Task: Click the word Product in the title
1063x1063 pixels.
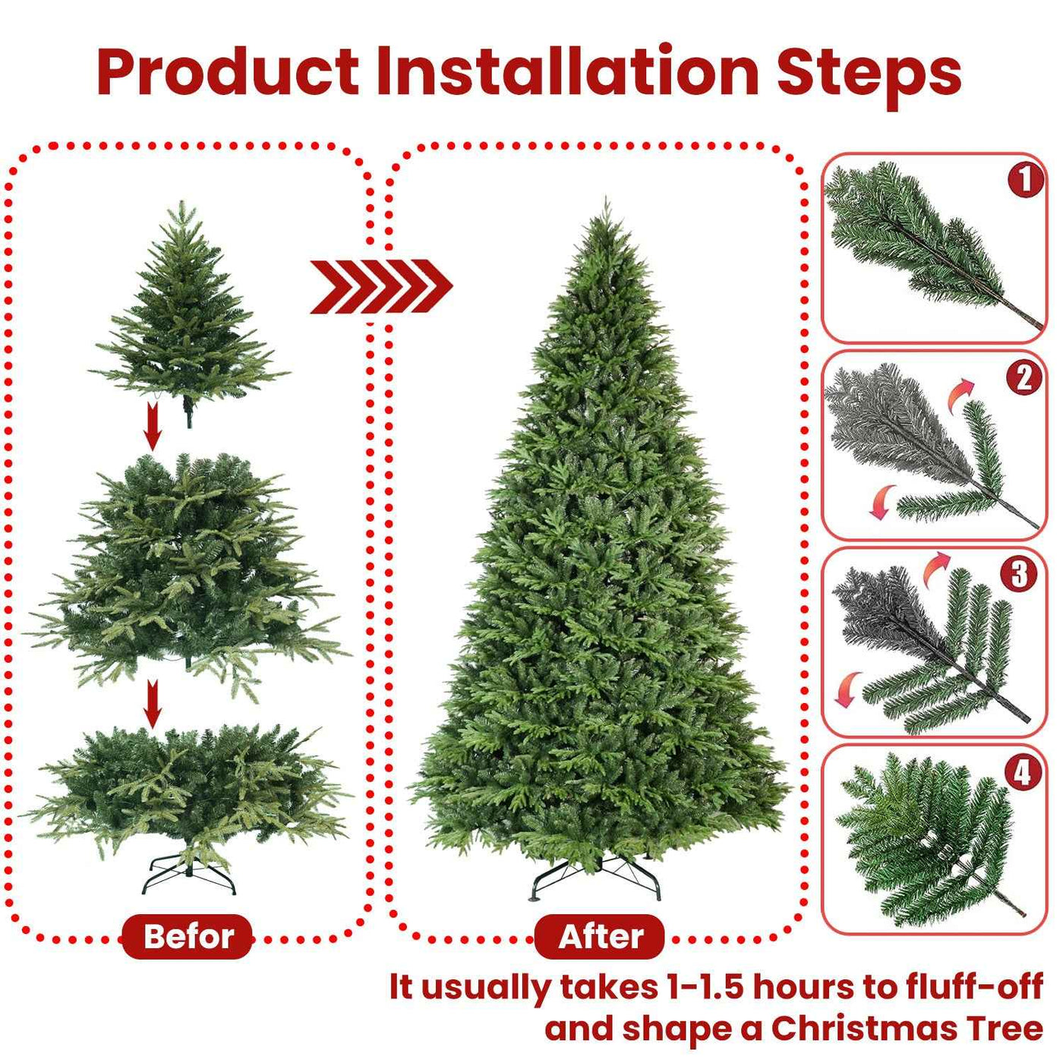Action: (x=228, y=73)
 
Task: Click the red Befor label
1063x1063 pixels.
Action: (x=188, y=936)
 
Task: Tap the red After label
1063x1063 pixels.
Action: (x=600, y=936)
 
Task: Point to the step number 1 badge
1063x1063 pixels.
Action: (x=1025, y=180)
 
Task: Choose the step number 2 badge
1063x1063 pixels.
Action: (x=1025, y=377)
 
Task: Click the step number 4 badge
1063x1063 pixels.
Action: (x=1023, y=772)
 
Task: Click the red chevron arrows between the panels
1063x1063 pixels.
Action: (x=381, y=286)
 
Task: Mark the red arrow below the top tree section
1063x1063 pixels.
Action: (x=153, y=426)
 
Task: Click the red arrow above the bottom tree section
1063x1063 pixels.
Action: (x=153, y=704)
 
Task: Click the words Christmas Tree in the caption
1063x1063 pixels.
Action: (x=907, y=1029)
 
